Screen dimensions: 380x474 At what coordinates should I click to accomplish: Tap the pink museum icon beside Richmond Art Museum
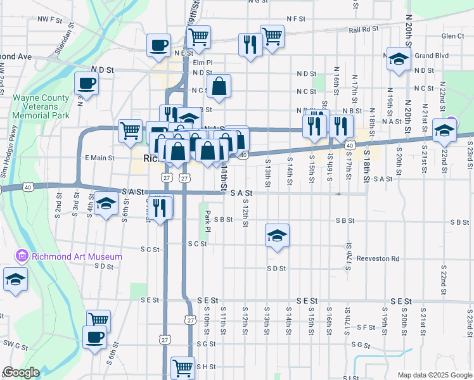click(x=22, y=256)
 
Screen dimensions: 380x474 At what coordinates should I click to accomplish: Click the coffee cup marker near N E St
click(x=158, y=46)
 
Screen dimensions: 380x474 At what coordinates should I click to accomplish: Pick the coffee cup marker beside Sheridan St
click(x=86, y=83)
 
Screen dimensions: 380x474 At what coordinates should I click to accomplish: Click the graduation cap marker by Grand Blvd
click(x=399, y=60)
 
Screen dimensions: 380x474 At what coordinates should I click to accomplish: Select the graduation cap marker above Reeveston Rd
click(x=277, y=236)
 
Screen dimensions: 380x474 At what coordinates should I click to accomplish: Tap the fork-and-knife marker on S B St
click(x=160, y=207)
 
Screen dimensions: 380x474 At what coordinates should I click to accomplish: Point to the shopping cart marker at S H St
click(x=183, y=367)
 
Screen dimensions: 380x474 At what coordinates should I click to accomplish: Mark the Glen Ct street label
click(x=453, y=37)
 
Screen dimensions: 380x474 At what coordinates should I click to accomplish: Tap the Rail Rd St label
click(x=364, y=29)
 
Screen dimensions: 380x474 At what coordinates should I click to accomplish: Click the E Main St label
click(x=99, y=158)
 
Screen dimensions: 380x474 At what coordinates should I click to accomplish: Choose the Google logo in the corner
click(x=21, y=372)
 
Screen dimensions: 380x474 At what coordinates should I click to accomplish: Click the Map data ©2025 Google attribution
click(x=434, y=375)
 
